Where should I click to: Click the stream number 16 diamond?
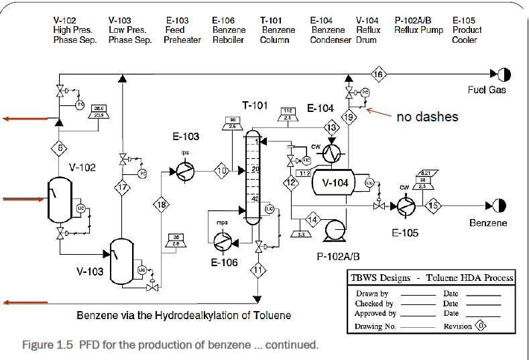pos(379,74)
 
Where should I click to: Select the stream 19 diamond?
pos(349,117)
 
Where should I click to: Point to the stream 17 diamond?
pos(121,188)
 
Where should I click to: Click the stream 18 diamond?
pos(161,206)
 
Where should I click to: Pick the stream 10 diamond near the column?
pos(222,171)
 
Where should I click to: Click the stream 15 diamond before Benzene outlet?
pos(434,206)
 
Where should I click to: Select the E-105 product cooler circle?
pos(406,206)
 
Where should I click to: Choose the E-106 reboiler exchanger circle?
pos(221,239)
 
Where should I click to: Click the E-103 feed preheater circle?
pos(184,172)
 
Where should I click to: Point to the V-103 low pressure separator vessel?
pos(121,259)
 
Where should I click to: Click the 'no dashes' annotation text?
pos(427,117)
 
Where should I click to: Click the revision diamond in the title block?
pos(479,326)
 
